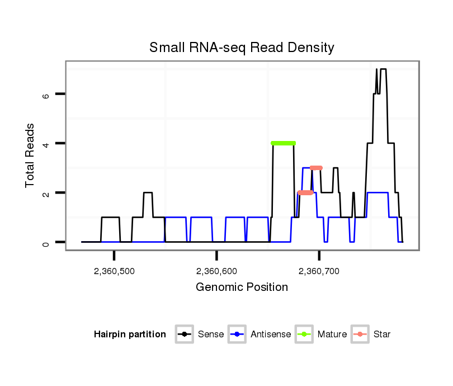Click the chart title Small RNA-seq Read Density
pos(242,48)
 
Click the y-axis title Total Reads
pos(31,156)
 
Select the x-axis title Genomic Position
pos(242,288)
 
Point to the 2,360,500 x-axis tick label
pos(114,271)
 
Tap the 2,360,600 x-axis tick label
pos(216,271)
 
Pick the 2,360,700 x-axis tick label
pos(319,271)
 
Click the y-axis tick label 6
pos(46,95)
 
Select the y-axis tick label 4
pos(46,144)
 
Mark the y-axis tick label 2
pos(46,193)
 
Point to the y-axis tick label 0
pos(46,242)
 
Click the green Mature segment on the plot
pos(283,143)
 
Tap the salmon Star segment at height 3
pos(316,168)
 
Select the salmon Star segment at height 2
pos(305,192)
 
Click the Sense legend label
pos(211,335)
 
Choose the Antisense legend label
pos(270,335)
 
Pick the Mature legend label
pos(332,335)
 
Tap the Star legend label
pos(381,335)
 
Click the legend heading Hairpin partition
pos(130,335)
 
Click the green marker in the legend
pos(304,335)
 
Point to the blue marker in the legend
pos(238,335)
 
